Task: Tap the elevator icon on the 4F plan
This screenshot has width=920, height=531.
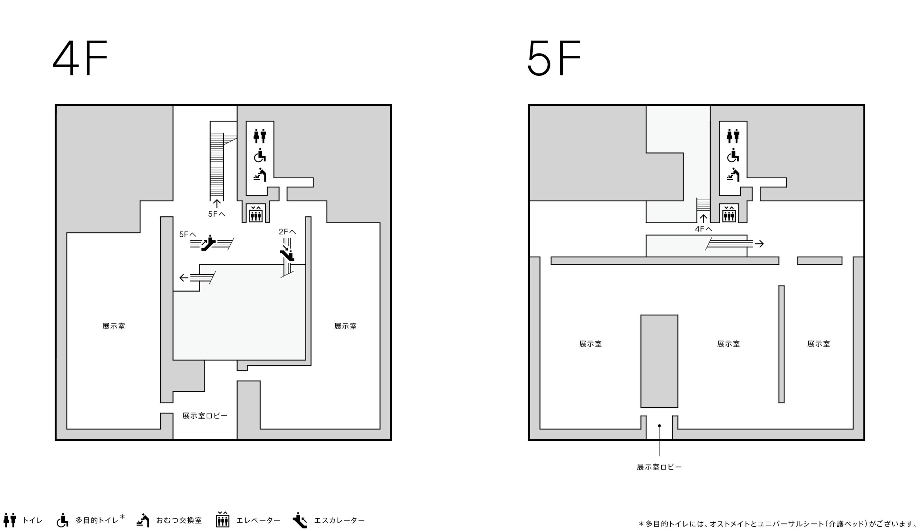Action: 256,214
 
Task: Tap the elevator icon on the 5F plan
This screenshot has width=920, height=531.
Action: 729,214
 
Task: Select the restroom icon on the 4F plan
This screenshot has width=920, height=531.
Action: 260,136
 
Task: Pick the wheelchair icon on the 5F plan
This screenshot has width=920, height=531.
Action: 733,156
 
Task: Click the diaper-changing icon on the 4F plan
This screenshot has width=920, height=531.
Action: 260,175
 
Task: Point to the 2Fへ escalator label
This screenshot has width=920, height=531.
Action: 287,232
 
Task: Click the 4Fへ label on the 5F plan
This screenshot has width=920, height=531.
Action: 704,229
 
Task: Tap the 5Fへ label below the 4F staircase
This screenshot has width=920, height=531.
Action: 216,214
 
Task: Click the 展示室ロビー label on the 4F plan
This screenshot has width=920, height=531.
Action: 205,416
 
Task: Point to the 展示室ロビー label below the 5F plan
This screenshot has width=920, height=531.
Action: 659,467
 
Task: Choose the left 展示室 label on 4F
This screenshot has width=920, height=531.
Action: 114,326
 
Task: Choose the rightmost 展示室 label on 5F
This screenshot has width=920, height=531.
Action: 819,344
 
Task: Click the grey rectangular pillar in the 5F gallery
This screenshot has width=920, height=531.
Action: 659,361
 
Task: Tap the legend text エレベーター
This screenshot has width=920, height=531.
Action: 258,521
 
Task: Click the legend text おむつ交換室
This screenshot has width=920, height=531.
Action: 179,521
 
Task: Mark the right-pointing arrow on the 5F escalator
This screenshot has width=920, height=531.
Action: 759,244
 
